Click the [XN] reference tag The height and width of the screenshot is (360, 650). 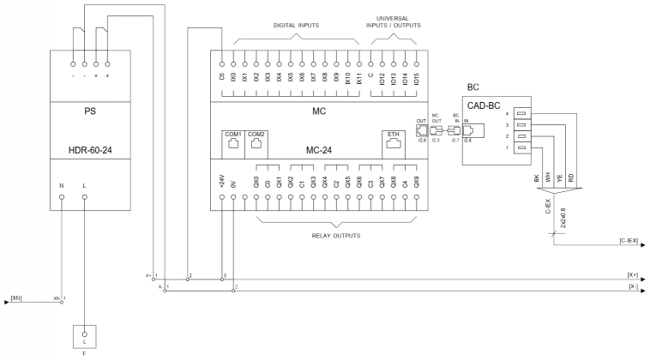(16, 297)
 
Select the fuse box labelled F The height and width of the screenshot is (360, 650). (84, 334)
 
